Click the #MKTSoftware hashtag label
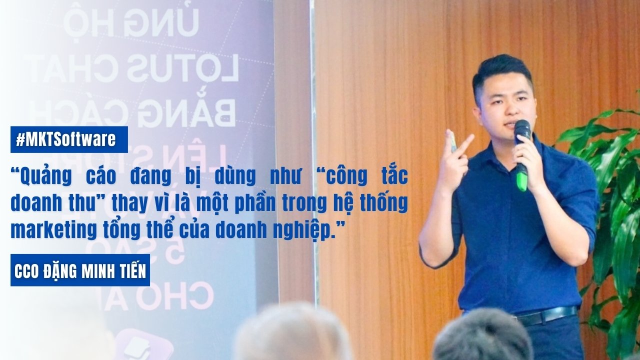(69, 139)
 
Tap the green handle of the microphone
(522, 177)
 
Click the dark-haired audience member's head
(482, 337)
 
